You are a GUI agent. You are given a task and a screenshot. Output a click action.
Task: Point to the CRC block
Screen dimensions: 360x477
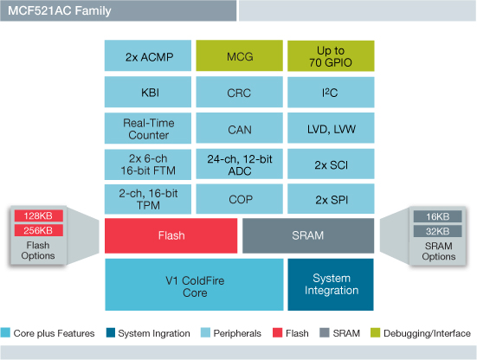pos(239,92)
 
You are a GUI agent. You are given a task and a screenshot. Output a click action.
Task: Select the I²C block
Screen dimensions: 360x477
pos(330,92)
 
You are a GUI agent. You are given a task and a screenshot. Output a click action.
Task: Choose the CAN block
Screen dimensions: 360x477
pos(239,128)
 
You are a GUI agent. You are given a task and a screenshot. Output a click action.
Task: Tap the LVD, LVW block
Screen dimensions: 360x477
pos(330,128)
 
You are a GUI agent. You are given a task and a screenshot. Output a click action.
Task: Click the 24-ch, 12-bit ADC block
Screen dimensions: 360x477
pos(239,164)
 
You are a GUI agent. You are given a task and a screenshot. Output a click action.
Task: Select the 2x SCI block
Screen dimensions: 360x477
pos(330,164)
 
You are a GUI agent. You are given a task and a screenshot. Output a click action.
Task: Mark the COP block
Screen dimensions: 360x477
pos(239,200)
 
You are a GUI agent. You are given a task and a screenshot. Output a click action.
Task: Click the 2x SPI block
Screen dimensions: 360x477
pos(330,200)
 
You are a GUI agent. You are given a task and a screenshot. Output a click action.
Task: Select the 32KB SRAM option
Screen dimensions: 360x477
pos(437,230)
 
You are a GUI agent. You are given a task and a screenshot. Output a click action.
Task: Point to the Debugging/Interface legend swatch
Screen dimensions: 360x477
pos(375,332)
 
